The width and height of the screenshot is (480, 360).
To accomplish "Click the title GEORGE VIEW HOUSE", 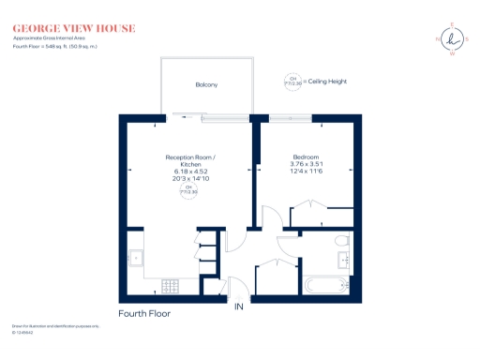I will tap(73, 28).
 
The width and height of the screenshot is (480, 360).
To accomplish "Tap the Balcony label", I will tap(206, 85).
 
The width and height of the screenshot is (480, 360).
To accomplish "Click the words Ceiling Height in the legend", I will tap(324, 82).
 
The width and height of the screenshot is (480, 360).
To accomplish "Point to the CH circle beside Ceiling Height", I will tap(292, 82).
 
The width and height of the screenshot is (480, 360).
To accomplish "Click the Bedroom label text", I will tap(306, 157).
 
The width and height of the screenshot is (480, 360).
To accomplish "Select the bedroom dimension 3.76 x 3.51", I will tap(306, 164).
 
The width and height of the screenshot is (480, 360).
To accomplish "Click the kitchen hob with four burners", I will tap(172, 284).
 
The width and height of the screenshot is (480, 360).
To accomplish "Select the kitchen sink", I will tap(135, 255).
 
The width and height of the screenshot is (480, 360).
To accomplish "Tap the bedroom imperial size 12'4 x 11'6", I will tap(306, 172).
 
